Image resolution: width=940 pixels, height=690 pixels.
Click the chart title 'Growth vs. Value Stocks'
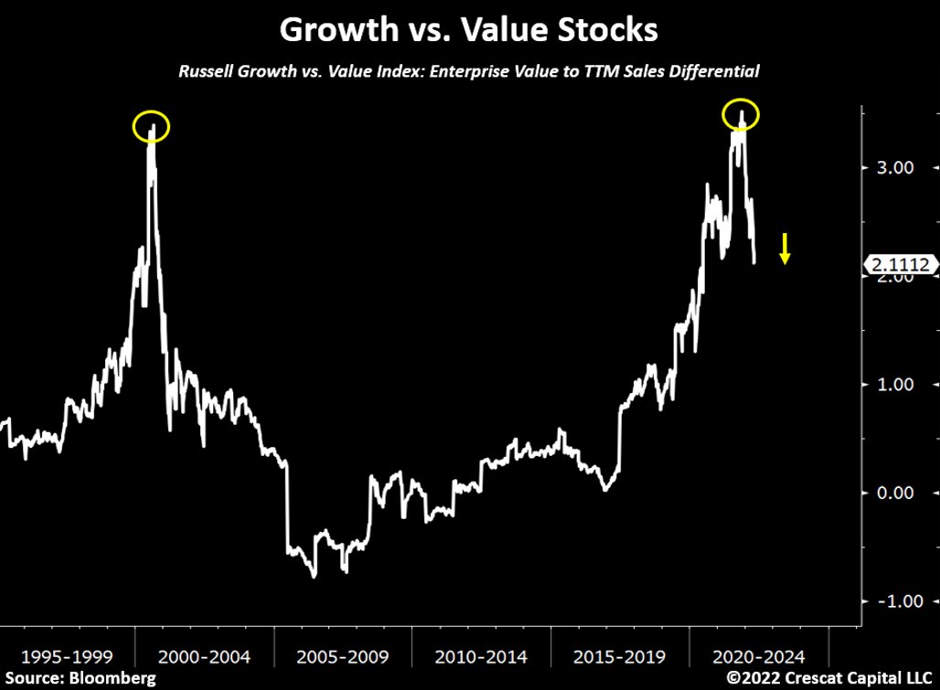(x=468, y=29)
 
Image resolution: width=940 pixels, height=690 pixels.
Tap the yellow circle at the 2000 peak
(x=151, y=126)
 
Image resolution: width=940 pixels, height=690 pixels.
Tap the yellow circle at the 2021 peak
(x=741, y=114)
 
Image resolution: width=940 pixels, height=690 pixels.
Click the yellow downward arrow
(x=785, y=249)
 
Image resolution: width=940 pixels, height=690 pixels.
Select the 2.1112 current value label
(x=902, y=265)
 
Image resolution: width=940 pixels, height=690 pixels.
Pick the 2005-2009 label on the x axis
(x=342, y=656)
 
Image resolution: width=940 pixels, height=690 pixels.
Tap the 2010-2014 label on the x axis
(x=481, y=656)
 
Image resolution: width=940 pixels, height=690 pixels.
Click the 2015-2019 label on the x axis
(x=620, y=656)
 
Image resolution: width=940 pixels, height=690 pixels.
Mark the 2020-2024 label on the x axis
(x=759, y=656)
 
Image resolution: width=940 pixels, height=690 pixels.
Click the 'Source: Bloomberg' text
(x=79, y=678)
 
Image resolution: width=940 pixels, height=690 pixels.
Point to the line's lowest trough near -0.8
(x=314, y=576)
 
